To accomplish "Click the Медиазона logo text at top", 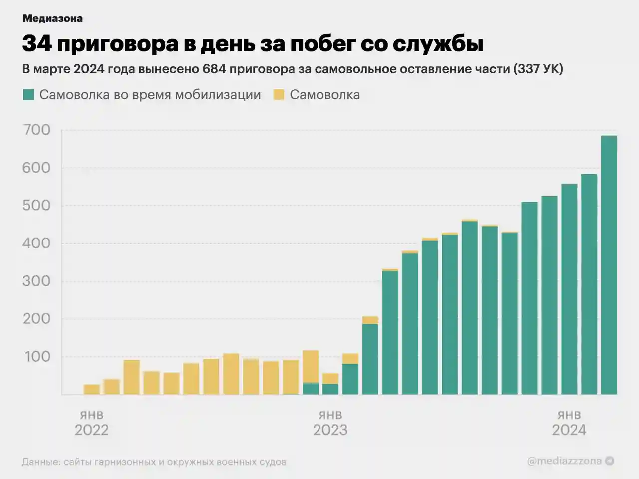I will coord(52,19).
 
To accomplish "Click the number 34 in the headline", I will coord(37,44).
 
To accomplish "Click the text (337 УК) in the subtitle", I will coord(538,69).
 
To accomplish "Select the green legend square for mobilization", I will coord(28,95).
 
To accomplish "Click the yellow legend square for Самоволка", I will coord(279,95).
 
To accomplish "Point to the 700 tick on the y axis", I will coord(36,130).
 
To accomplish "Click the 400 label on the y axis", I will coord(36,243).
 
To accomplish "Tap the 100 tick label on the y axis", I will coord(36,357).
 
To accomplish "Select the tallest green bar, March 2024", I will coord(609,264).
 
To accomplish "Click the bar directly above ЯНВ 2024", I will coord(569,289).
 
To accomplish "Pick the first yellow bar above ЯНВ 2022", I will coord(92,389).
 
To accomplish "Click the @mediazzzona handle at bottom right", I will coord(564,461).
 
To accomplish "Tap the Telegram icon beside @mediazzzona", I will coord(609,461).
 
